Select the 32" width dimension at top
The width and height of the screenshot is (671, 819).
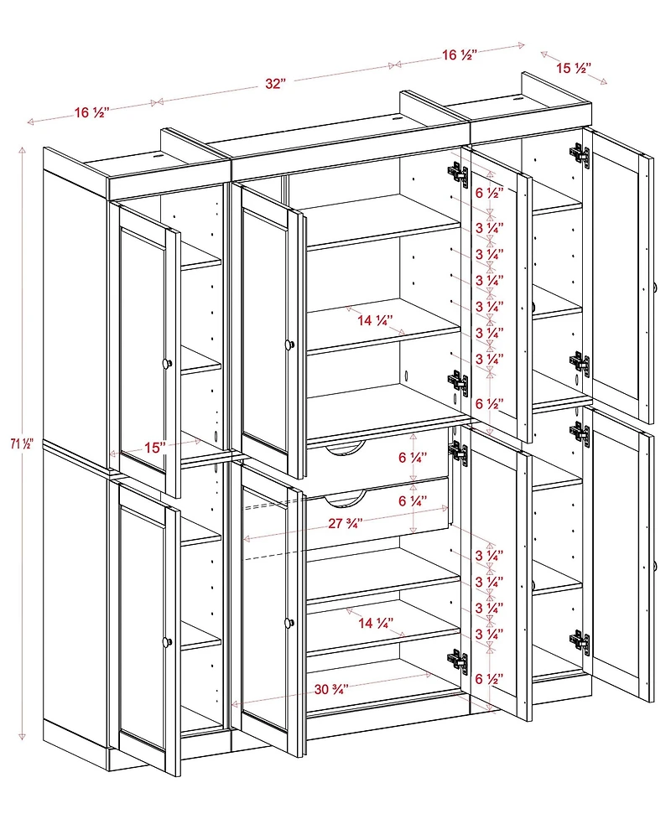(275, 84)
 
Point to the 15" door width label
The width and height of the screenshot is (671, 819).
(153, 448)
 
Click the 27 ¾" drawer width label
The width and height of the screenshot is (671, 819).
(345, 523)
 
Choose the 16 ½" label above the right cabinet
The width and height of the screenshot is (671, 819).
(460, 55)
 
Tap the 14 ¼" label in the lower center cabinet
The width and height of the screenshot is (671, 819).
(374, 622)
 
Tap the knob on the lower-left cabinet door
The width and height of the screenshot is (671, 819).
(168, 641)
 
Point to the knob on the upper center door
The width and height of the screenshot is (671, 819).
(289, 344)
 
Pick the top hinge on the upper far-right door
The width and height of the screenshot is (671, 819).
(579, 153)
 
